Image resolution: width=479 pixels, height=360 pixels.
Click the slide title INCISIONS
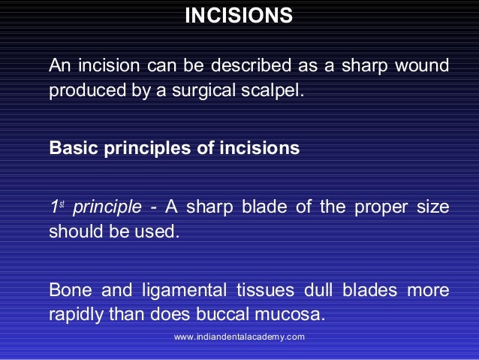coord(239,16)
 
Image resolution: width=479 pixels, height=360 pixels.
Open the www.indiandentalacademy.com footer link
coord(239,337)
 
